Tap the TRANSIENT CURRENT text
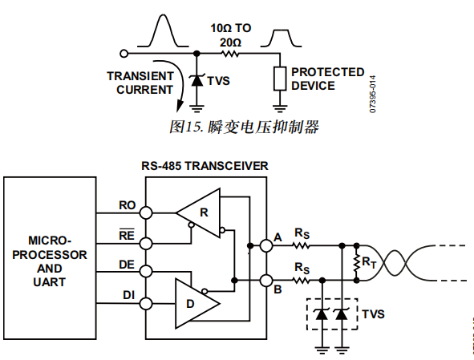[140, 83]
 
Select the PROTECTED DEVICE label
[327, 79]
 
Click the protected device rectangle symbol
[279, 79]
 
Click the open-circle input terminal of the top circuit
[123, 54]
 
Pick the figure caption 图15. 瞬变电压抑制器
[245, 127]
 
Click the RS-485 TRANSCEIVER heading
[205, 166]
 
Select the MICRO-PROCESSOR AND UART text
[51, 261]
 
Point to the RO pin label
[127, 205]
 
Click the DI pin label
[128, 294]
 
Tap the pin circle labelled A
[266, 245]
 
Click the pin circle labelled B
[266, 280]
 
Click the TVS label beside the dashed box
[374, 313]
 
